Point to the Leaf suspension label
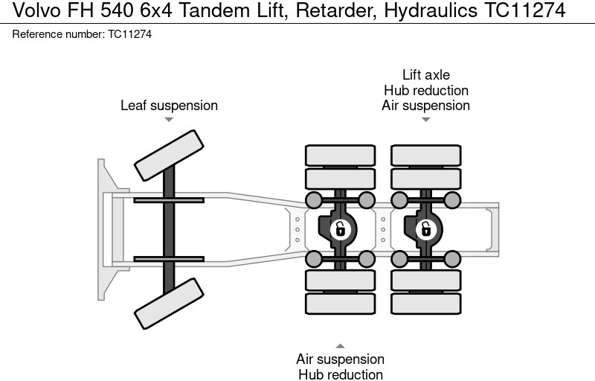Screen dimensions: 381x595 [x=169, y=106]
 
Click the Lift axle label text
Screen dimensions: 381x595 [x=425, y=75]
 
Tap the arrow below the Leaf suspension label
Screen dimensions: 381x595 [x=169, y=120]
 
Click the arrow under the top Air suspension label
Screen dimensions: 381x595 [x=425, y=120]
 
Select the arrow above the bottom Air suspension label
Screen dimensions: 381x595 [x=340, y=346]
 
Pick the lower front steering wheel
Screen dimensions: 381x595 [x=169, y=303]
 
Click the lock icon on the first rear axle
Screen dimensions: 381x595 [x=340, y=229]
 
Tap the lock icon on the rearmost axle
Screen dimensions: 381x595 [x=425, y=229]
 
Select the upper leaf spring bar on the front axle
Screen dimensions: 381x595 [x=169, y=200]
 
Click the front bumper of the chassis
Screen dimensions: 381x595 [x=104, y=229]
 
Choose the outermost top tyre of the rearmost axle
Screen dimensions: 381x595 [x=425, y=155]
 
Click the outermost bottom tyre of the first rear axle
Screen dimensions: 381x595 [x=340, y=304]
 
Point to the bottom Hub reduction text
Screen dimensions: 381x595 [x=340, y=374]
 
